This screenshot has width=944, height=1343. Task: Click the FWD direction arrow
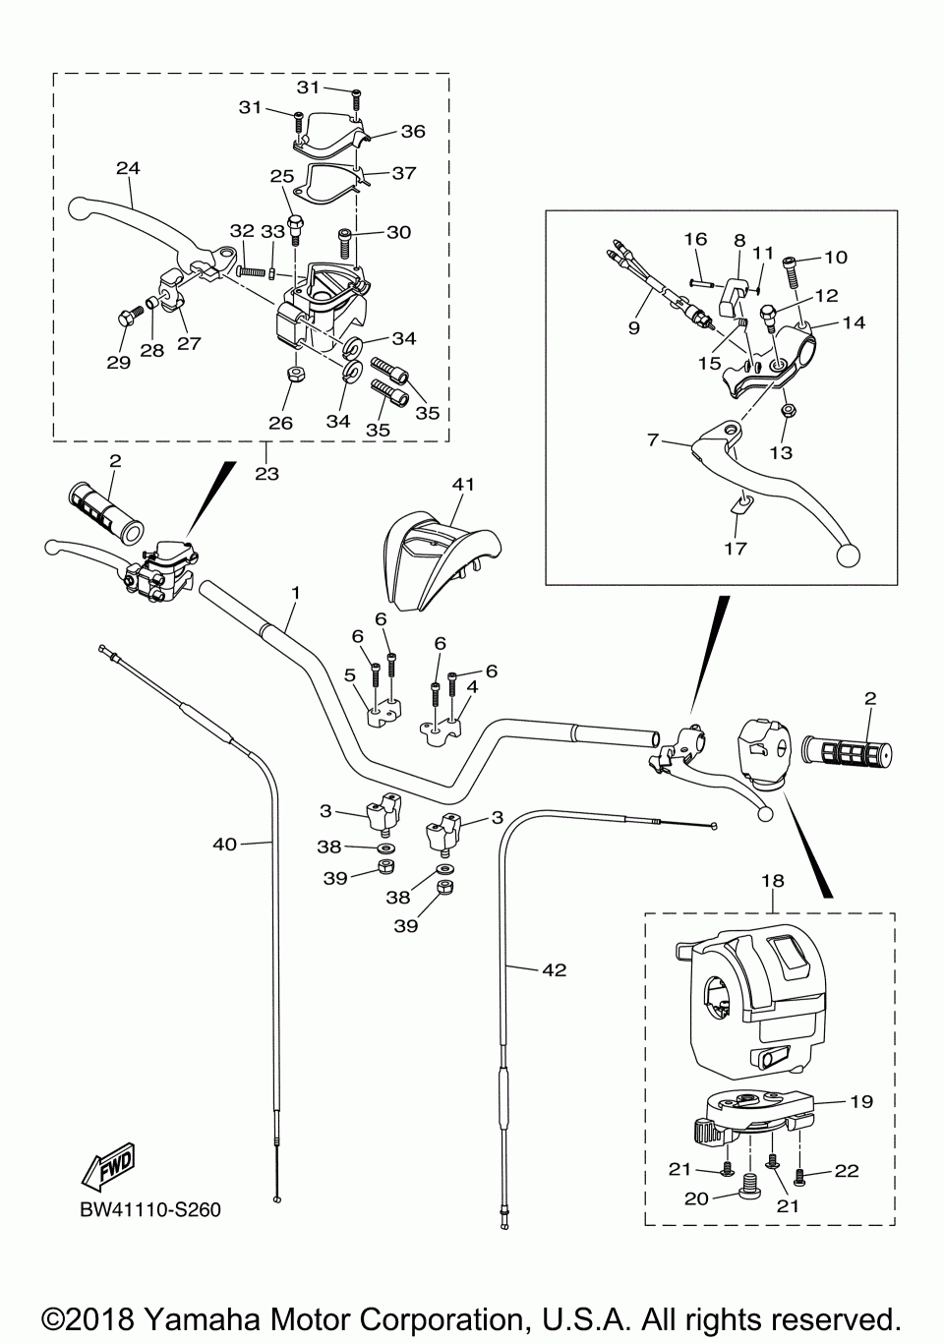tap(109, 1166)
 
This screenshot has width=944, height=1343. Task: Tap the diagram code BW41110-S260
tap(150, 1209)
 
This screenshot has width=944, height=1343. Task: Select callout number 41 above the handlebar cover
tap(463, 484)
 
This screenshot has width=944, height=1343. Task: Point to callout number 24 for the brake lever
tap(128, 168)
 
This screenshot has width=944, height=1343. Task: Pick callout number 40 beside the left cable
tap(225, 844)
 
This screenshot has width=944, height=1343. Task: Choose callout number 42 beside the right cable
tap(555, 969)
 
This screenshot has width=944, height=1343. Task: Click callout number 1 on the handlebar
tap(294, 593)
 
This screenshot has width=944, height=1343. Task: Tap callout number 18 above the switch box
tap(773, 882)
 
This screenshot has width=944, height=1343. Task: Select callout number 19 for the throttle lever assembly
tap(860, 1102)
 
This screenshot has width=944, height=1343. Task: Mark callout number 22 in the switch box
tap(847, 1170)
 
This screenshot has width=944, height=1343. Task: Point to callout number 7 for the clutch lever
tap(652, 440)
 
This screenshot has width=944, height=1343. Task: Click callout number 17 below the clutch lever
tap(735, 548)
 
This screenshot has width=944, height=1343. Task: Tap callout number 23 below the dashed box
tap(266, 473)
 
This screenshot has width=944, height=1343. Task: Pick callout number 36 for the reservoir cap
tap(413, 131)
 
